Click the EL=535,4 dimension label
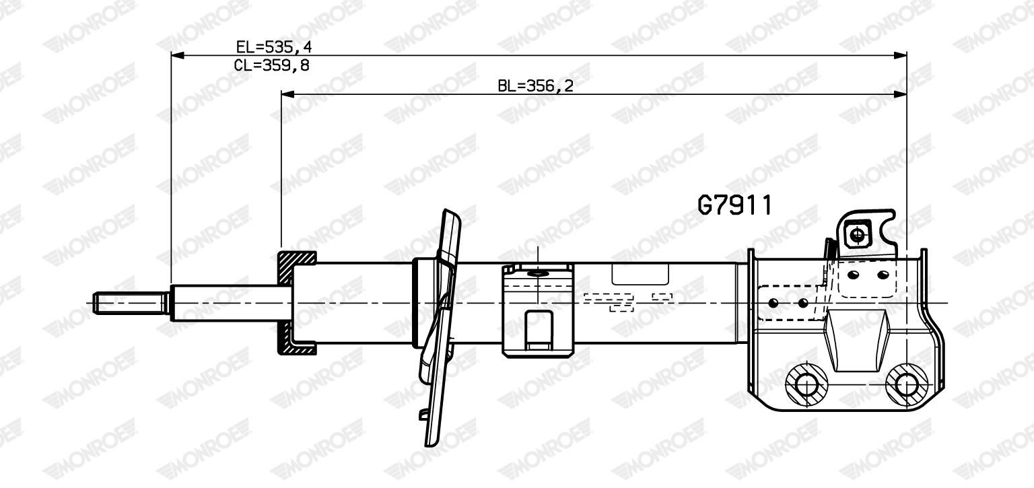pos(273,46)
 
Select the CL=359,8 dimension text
pos(271,65)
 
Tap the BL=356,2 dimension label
pos(535,86)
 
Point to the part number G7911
pos(734,205)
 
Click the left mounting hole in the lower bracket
pos(806,384)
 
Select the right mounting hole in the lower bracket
pos(906,384)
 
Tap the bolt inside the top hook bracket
pos(858,235)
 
